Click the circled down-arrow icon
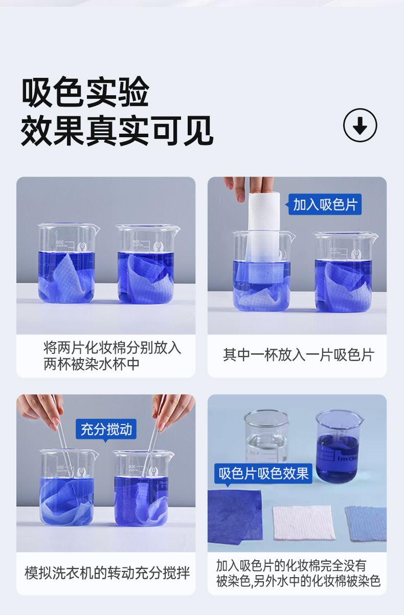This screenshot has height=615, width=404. (x=360, y=125)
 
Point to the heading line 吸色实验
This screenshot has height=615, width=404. (x=85, y=92)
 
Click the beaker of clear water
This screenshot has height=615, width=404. (x=266, y=436)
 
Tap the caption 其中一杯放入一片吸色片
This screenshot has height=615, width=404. (x=299, y=355)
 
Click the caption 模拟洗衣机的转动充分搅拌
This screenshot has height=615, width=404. (x=107, y=573)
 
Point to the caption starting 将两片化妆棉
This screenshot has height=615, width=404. (x=112, y=355)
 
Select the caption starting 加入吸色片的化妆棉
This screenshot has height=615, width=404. (x=298, y=573)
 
